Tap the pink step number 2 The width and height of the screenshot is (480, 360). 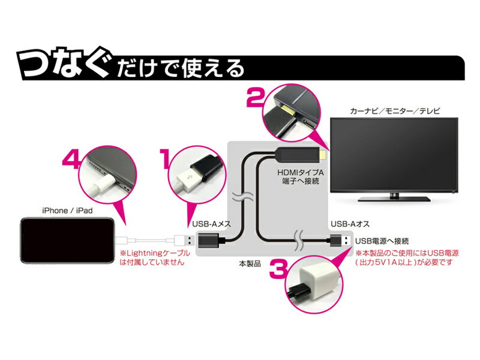255,97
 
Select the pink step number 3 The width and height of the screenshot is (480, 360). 278,269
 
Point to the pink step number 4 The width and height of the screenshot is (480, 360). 72,160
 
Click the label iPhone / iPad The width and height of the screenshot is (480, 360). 67,211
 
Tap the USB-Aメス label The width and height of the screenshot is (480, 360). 212,224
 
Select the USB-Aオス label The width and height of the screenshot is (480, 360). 350,224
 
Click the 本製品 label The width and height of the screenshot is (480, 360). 250,263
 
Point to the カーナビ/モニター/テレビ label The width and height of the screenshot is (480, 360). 395,111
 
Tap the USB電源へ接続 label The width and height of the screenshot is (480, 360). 382,241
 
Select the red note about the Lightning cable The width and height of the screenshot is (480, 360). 155,257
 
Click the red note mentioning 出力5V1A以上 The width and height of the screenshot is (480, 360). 407,257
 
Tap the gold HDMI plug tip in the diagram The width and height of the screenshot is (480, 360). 322,155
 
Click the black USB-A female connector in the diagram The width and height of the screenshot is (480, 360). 208,241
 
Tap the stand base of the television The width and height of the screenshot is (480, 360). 395,199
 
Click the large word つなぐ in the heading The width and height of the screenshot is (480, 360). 65,64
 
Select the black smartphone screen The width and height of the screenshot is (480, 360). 67,241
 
